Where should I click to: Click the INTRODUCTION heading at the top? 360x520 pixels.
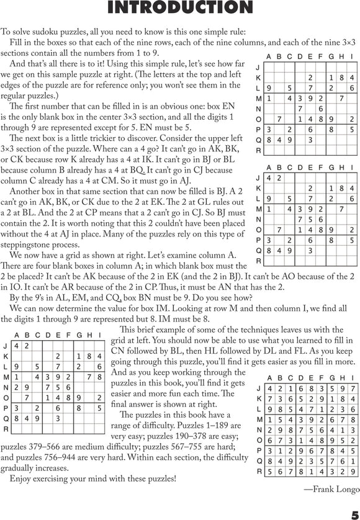point(179,8)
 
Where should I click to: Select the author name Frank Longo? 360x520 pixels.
point(335,490)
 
